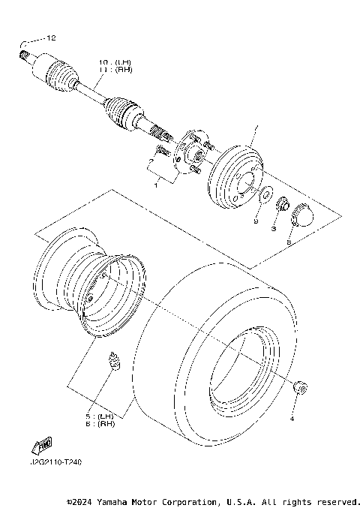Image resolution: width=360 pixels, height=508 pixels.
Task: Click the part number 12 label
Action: (51, 38)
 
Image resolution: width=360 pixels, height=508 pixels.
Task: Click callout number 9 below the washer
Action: (255, 222)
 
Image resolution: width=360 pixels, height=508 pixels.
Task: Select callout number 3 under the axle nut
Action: (274, 227)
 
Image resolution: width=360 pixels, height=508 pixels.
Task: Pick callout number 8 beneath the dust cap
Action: (290, 242)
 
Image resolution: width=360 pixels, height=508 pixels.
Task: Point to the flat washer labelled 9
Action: (265, 197)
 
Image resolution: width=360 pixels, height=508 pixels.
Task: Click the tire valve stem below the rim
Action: (115, 362)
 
